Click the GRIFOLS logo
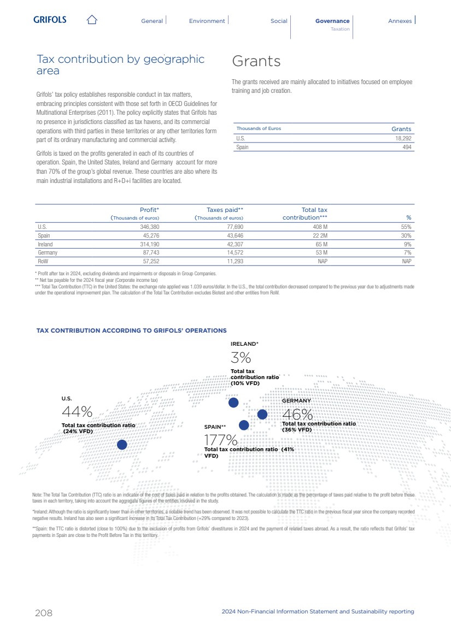(x=50, y=20)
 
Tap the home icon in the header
(x=92, y=20)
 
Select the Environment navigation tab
(x=207, y=21)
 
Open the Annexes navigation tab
(x=400, y=21)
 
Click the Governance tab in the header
(x=332, y=21)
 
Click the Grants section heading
(x=256, y=61)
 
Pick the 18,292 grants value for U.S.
(x=403, y=139)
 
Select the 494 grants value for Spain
(x=407, y=147)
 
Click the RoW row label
(x=43, y=262)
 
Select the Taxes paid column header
(x=225, y=210)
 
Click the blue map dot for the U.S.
(x=122, y=445)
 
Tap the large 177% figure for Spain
(x=220, y=440)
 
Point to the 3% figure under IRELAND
(x=241, y=358)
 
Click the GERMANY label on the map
(x=296, y=401)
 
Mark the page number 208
(x=44, y=612)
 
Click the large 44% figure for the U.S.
(x=77, y=411)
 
